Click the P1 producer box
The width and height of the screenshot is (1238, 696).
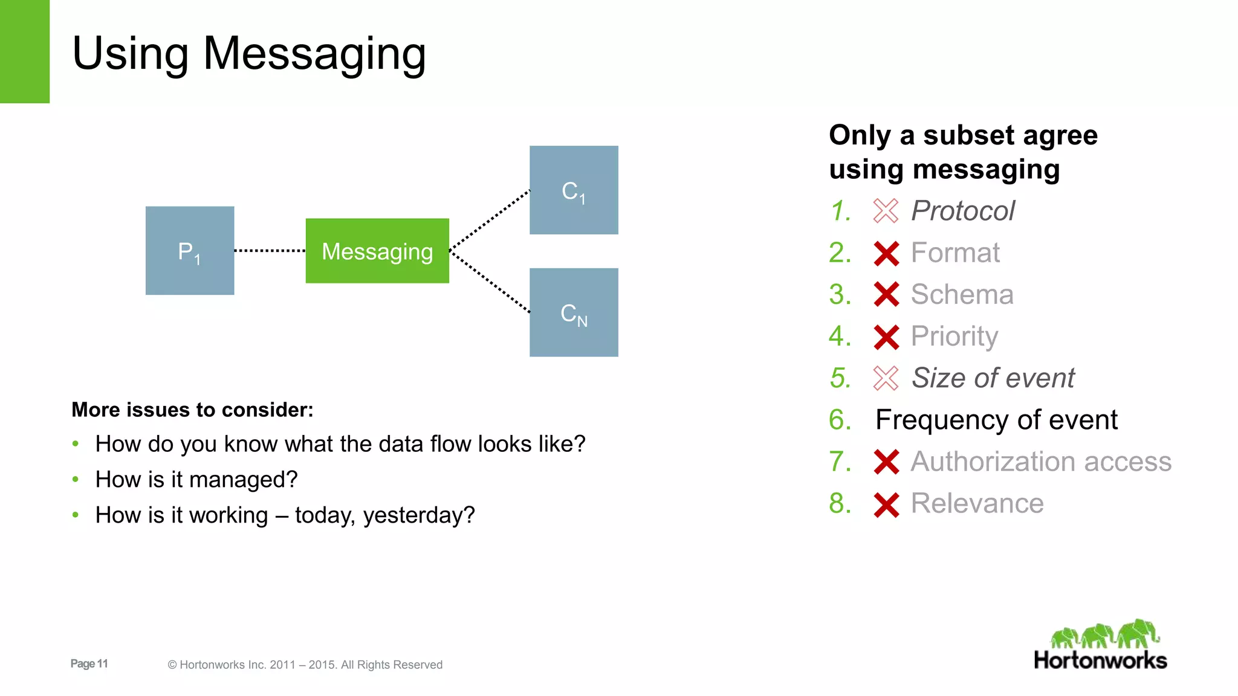(189, 251)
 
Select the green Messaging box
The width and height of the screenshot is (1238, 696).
(377, 251)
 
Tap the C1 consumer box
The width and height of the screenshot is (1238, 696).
(574, 190)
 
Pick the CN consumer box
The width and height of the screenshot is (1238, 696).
(574, 312)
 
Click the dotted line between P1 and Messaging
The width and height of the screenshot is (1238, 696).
(270, 250)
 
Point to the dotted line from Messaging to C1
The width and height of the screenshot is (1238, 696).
(490, 219)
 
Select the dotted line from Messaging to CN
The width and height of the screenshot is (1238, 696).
(490, 282)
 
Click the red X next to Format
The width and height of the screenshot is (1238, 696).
(886, 253)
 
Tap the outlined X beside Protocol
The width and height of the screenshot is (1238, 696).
(886, 211)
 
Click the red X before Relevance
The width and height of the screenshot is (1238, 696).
(886, 504)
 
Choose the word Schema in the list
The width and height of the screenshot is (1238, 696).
(962, 294)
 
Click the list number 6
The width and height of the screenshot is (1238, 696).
(840, 420)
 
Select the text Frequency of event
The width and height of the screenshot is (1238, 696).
(996, 420)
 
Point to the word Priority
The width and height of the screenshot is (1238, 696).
(954, 337)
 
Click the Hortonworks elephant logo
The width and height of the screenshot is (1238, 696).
(1104, 634)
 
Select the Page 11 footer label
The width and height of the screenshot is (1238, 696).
(89, 663)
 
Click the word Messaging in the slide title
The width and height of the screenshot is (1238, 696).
(314, 54)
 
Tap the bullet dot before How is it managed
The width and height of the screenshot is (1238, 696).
(76, 480)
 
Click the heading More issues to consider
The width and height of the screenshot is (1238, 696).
(192, 410)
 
